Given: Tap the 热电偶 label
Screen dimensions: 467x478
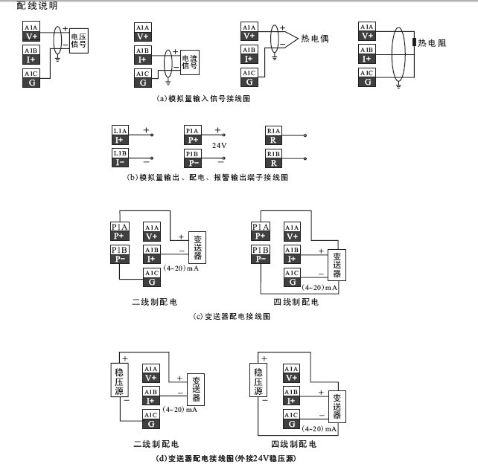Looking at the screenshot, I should pos(316,38).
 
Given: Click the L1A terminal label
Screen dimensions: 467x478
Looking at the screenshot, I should pos(121,130).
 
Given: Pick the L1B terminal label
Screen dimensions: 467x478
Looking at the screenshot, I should pos(121,153).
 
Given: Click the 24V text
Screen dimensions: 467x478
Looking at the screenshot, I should pos(219,145).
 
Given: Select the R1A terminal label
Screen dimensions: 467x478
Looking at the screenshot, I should pos(273,130).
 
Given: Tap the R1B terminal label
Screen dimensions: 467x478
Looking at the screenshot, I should pos(273,153).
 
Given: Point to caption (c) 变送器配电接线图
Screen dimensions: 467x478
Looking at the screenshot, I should pos(232,316).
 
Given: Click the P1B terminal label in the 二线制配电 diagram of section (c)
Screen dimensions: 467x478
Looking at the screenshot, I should pos(120,249).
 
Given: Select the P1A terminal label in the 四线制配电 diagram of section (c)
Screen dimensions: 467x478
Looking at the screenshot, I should pos(261,227).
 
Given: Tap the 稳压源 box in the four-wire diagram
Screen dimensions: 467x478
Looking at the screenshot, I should pos(258,381).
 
